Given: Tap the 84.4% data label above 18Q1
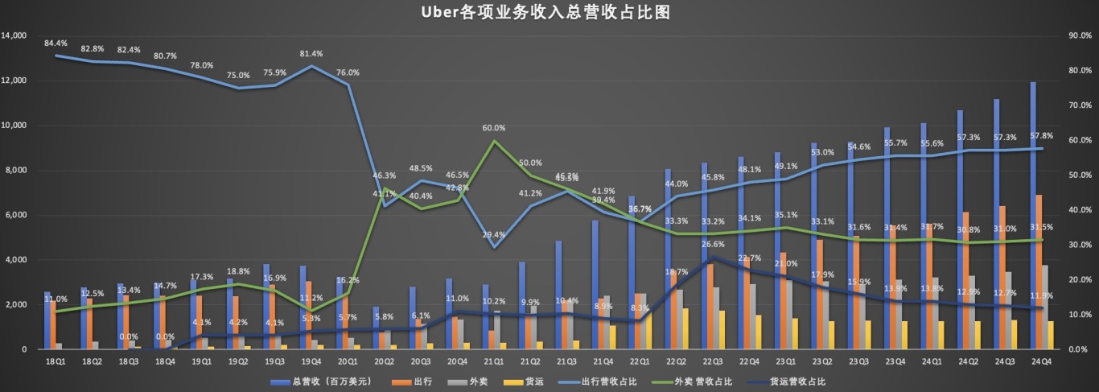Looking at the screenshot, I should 56,43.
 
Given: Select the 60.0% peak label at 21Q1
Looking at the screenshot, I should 494,128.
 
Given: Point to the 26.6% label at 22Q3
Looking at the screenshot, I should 713,244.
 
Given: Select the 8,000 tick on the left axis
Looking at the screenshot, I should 18,171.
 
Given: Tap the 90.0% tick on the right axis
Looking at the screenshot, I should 1079,36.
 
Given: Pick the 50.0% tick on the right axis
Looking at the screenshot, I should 1079,175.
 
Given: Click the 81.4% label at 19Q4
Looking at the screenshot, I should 311,54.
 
